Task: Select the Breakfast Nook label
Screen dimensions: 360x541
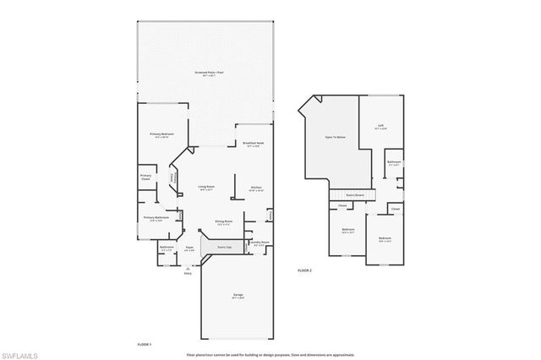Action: (x=254, y=145)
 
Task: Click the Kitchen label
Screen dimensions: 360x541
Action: (x=255, y=188)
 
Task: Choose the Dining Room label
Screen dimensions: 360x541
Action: (x=224, y=223)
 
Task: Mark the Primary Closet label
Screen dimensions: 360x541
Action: (x=146, y=177)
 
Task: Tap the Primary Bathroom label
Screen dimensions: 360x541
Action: (x=156, y=219)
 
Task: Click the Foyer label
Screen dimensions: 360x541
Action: (x=190, y=248)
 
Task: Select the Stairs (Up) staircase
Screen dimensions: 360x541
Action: (x=226, y=248)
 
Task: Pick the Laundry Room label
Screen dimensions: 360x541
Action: (x=259, y=243)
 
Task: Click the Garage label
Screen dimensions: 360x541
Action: (x=238, y=296)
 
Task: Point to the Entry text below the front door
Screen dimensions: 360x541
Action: (x=188, y=273)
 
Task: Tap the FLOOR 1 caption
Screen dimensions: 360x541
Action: (x=144, y=345)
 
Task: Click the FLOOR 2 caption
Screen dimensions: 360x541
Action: (x=304, y=270)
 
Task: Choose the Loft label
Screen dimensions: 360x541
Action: (x=380, y=128)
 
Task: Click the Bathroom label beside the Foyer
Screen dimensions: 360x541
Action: (x=167, y=248)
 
